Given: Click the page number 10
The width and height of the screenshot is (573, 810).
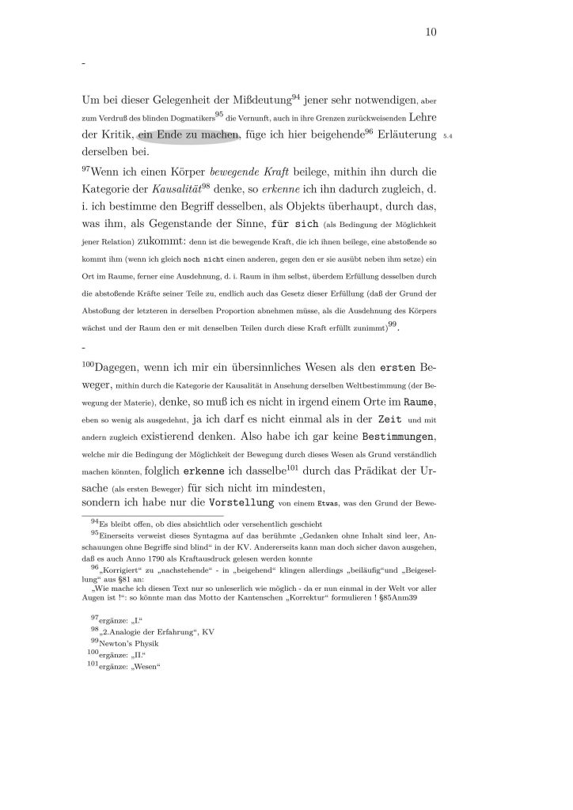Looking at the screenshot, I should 431,32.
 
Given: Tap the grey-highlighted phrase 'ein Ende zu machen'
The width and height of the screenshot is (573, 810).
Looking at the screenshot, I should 188,135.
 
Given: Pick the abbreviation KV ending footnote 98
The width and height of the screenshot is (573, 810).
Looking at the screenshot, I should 208,631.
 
